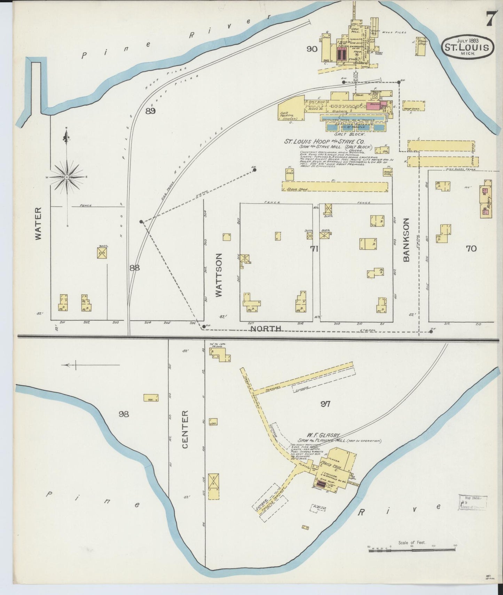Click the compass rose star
[x=66, y=177]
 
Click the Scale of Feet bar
[x=412, y=549]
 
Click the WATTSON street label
[x=219, y=275]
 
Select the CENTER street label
[x=185, y=429]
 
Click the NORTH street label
[x=266, y=328]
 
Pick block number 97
[x=325, y=404]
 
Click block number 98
[x=124, y=414]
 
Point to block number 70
[x=471, y=248]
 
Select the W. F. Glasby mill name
[x=323, y=435]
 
